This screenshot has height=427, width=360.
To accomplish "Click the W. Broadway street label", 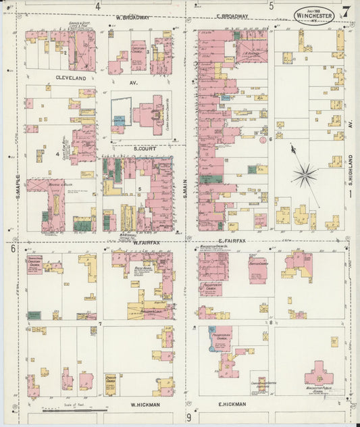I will pos(132,18).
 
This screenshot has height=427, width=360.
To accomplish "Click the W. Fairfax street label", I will pos(145,242).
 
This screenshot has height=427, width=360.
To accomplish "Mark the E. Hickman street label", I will pos(232,404).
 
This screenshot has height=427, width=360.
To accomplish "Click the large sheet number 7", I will pos(346,11).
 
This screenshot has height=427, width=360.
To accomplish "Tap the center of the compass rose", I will pos(305,174).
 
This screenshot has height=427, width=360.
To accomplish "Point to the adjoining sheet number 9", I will pos(188,418).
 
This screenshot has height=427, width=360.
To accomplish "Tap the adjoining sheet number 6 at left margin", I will pos(12,249).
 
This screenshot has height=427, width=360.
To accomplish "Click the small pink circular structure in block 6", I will pos(263,141).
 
